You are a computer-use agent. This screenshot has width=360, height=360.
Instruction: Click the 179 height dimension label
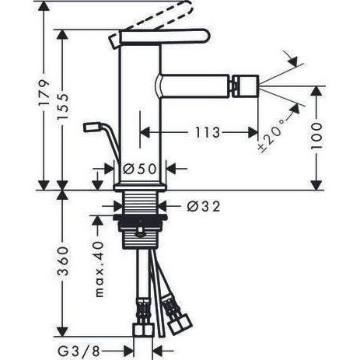pos(44,92)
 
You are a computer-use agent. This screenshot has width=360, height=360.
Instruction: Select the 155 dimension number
pos(63,107)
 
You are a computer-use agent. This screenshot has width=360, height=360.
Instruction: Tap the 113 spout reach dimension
pos(208,132)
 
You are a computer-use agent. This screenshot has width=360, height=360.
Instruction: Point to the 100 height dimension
pos(316,135)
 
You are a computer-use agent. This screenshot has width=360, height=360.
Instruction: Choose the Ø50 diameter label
pos(140,169)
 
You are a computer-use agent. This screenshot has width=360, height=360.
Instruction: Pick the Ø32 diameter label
pos(204,207)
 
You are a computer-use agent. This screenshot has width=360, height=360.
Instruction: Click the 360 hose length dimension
pos(63,261)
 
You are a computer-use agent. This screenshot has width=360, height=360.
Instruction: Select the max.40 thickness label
pos(100,269)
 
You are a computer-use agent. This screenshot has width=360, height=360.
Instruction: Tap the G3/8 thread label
pos(79,351)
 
